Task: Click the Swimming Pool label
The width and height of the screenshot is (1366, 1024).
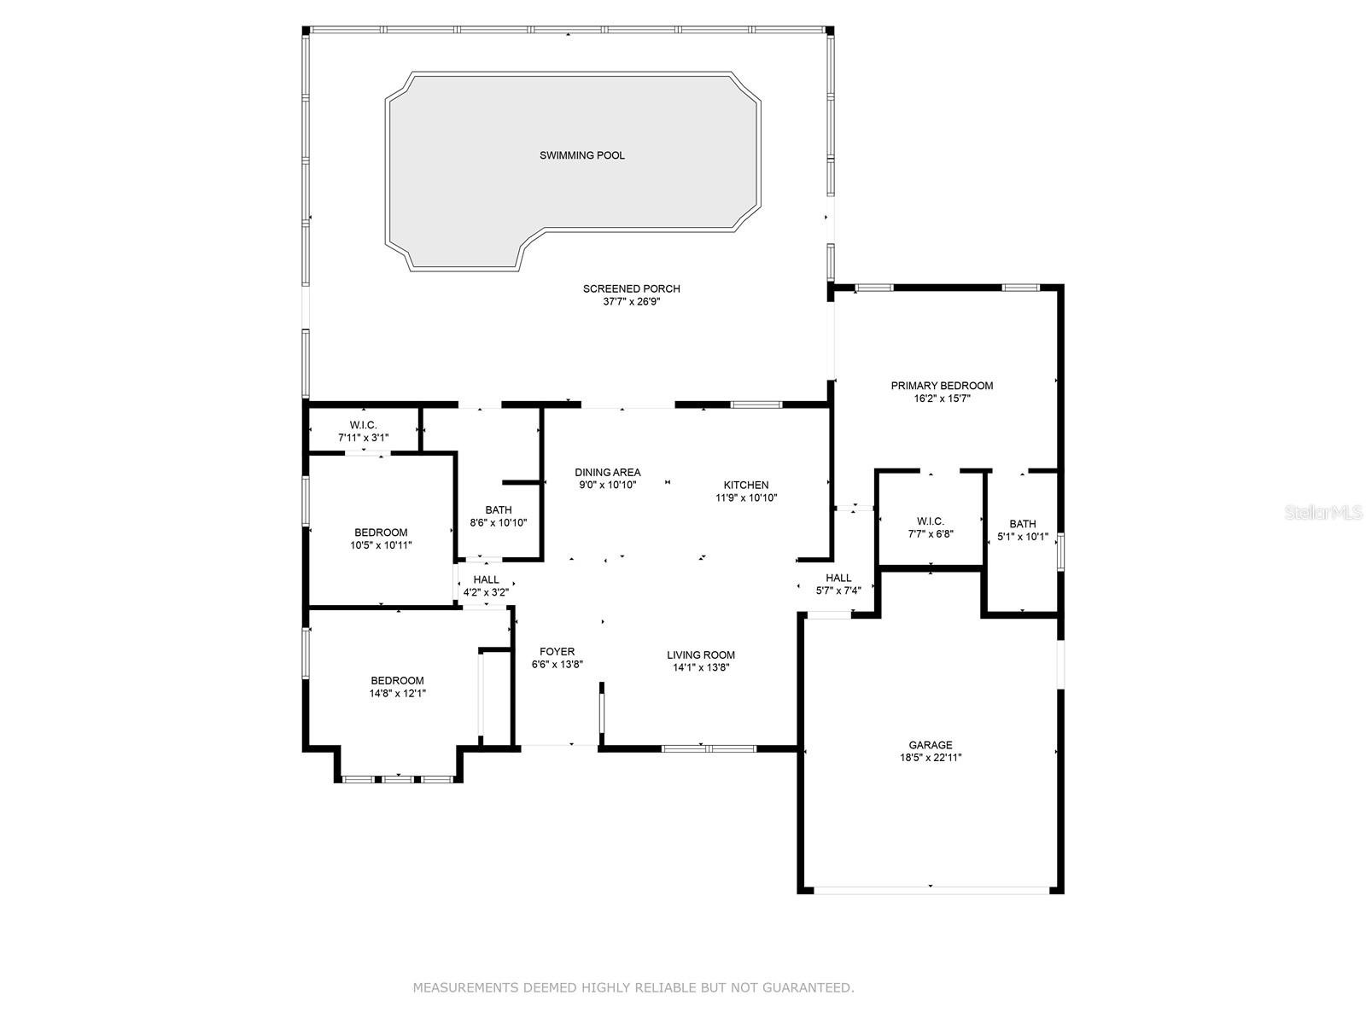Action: pyautogui.click(x=582, y=155)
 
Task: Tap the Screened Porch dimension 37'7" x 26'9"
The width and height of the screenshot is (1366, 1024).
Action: pyautogui.click(x=631, y=301)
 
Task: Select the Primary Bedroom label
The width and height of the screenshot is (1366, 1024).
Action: pyautogui.click(x=942, y=386)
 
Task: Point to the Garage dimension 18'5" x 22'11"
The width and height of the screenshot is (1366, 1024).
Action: pyautogui.click(x=931, y=758)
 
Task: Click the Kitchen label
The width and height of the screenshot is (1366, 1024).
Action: pyautogui.click(x=745, y=485)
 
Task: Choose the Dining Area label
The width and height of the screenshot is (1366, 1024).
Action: pyautogui.click(x=607, y=473)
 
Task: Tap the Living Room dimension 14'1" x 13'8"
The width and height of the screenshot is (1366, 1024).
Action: pyautogui.click(x=701, y=668)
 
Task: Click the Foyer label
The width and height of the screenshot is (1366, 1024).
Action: pyautogui.click(x=557, y=652)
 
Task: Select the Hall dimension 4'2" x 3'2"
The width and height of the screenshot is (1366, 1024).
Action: pyautogui.click(x=486, y=592)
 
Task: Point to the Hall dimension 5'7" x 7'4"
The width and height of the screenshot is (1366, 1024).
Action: pyautogui.click(x=838, y=591)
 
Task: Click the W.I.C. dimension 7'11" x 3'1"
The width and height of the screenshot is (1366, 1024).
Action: pyautogui.click(x=363, y=438)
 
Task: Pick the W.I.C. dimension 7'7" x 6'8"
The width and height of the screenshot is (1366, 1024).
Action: pyautogui.click(x=931, y=533)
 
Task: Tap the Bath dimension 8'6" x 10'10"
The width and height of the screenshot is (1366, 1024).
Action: pyautogui.click(x=499, y=523)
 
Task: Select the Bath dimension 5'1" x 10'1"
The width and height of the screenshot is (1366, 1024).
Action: pyautogui.click(x=1023, y=537)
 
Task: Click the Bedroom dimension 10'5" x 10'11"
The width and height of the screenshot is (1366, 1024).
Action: pyautogui.click(x=381, y=545)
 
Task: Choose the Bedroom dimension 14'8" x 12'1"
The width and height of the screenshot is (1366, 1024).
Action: pyautogui.click(x=397, y=693)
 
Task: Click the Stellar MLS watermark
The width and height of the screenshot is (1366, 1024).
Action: pyautogui.click(x=1323, y=512)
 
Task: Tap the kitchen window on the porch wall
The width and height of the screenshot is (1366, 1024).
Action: pyautogui.click(x=756, y=404)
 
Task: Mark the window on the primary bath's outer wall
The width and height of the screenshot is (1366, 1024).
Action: pyautogui.click(x=1060, y=551)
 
